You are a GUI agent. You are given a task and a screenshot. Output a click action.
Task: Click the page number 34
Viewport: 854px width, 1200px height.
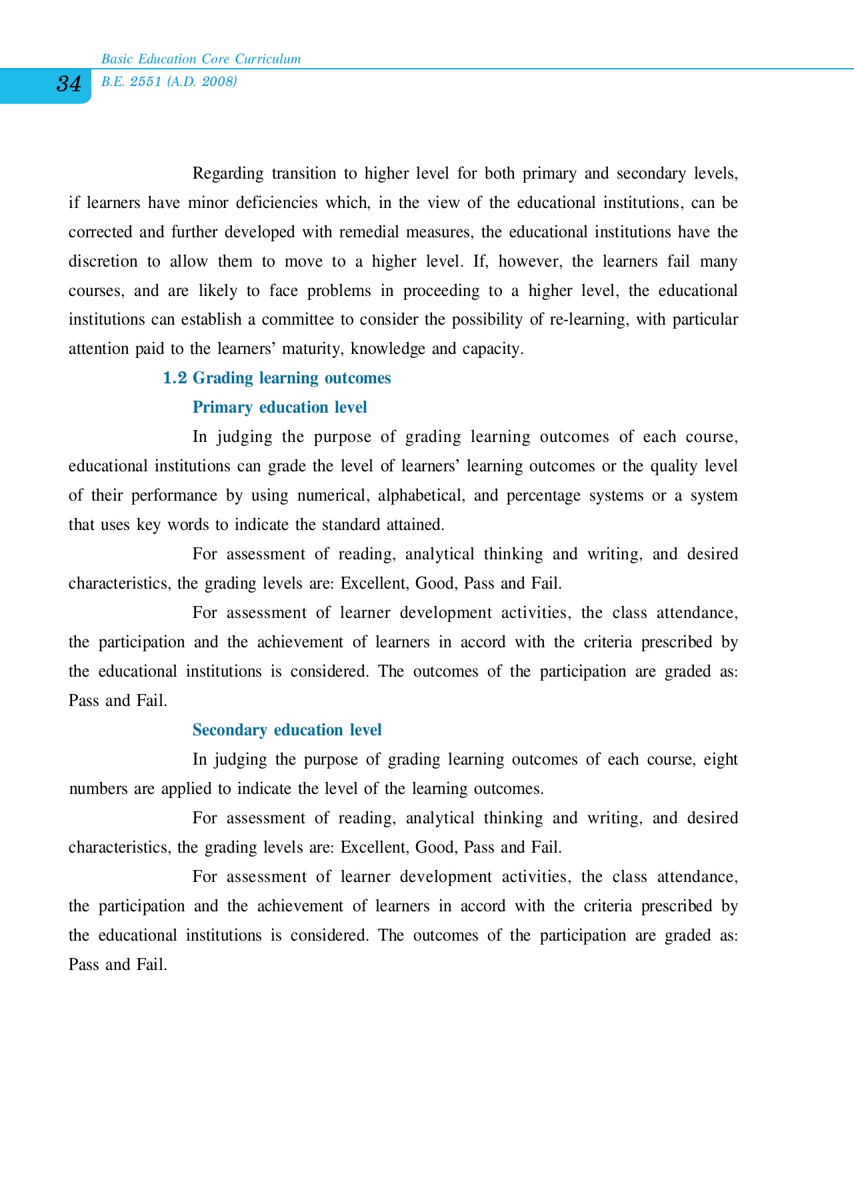click(69, 84)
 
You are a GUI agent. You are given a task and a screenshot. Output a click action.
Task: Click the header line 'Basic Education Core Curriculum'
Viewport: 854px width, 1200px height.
click(201, 59)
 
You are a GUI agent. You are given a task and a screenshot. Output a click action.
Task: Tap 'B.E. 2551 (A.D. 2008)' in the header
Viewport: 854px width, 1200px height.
click(169, 81)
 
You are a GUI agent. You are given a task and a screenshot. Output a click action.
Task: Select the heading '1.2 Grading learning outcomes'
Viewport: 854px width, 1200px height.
click(277, 378)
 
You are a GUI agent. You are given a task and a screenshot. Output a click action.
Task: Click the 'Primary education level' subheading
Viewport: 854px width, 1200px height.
click(279, 407)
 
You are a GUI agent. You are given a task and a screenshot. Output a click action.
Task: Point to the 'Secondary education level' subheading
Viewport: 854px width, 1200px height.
click(287, 730)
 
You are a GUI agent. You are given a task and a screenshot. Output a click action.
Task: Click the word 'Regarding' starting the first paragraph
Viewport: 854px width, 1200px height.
click(227, 174)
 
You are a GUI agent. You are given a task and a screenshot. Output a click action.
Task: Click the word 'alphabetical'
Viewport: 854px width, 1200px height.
click(421, 496)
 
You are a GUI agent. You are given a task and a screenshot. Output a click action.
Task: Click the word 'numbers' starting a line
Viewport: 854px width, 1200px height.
click(98, 789)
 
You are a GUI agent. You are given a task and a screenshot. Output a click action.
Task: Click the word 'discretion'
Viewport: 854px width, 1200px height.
click(103, 261)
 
